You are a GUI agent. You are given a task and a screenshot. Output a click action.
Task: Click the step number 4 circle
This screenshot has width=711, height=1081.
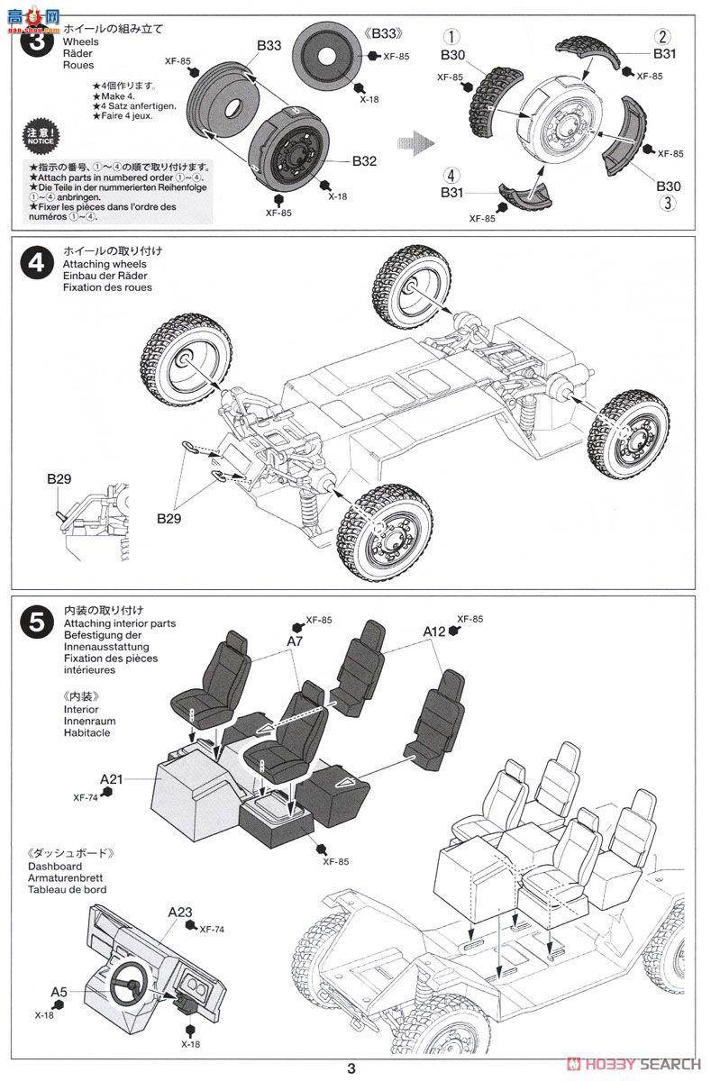tap(36, 263)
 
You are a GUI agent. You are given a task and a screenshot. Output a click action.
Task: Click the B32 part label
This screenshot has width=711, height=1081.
tap(364, 162)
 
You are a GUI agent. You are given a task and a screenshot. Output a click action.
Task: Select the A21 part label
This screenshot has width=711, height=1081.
tap(112, 778)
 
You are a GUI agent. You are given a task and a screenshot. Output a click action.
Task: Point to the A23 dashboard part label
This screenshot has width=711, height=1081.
tap(180, 912)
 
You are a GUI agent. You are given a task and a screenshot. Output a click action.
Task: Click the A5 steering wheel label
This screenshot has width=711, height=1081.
tap(59, 993)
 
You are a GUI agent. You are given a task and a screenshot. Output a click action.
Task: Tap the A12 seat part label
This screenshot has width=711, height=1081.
tap(434, 632)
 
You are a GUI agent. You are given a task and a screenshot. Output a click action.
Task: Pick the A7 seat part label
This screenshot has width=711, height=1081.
tap(295, 641)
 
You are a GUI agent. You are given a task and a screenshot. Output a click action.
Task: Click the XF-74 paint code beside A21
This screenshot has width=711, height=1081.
tap(91, 795)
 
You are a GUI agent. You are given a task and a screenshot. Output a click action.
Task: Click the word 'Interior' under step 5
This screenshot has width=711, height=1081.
tap(81, 709)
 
